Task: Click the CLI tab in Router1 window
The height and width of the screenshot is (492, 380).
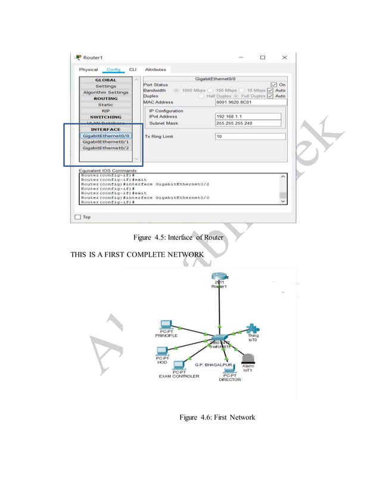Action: coord(133,70)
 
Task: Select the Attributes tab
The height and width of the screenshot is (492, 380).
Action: coord(155,70)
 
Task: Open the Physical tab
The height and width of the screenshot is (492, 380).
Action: coord(88,70)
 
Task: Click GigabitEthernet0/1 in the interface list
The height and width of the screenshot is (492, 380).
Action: coord(106,142)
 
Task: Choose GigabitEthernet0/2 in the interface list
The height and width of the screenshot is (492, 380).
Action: coord(106,148)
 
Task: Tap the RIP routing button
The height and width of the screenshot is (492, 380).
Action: coord(105,111)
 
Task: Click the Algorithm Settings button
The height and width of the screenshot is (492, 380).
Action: coord(105,92)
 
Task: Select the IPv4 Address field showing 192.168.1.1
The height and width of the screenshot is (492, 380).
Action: coord(250,117)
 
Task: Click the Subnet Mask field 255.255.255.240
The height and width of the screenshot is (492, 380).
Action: coord(250,123)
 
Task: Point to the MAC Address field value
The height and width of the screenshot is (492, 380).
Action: coord(250,102)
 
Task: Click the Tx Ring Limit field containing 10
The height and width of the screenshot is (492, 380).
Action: coord(250,136)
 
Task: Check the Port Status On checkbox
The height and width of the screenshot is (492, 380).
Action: coord(274,85)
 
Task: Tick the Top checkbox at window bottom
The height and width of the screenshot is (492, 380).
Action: coord(77,217)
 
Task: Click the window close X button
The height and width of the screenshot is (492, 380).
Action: coord(284,57)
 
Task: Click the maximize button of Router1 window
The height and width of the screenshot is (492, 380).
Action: coord(262,57)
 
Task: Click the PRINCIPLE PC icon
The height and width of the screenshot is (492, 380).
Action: coord(166,325)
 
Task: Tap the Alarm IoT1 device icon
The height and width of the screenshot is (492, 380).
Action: coord(248,359)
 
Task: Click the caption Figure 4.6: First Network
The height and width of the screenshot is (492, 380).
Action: coord(217,417)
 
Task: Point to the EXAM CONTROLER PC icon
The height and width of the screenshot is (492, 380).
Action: coord(178,365)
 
